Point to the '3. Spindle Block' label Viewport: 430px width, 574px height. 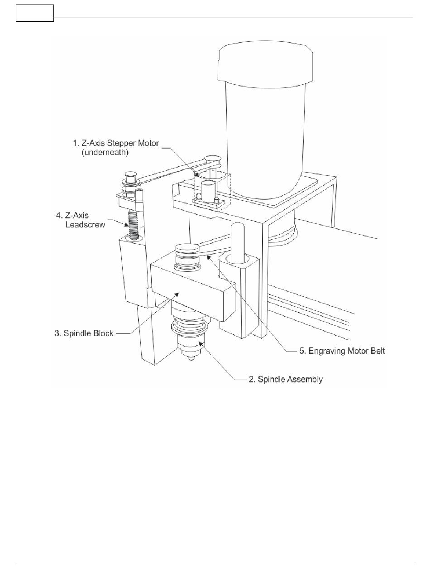(84, 333)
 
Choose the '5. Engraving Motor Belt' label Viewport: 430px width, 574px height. (343, 351)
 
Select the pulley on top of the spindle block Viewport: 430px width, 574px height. (186, 250)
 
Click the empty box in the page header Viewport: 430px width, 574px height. (35, 13)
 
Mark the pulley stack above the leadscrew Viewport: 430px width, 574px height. (130, 183)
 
